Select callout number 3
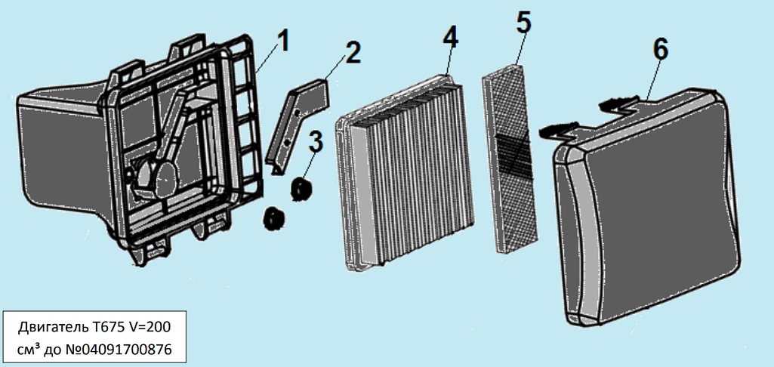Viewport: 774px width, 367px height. pyautogui.click(x=315, y=140)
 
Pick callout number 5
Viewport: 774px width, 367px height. pyautogui.click(x=523, y=22)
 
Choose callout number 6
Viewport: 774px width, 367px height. pyautogui.click(x=659, y=49)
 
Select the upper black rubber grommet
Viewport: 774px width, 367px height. pyautogui.click(x=303, y=187)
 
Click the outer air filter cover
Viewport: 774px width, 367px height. pyautogui.click(x=649, y=204)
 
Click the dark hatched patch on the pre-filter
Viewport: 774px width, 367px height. pyautogui.click(x=513, y=155)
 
